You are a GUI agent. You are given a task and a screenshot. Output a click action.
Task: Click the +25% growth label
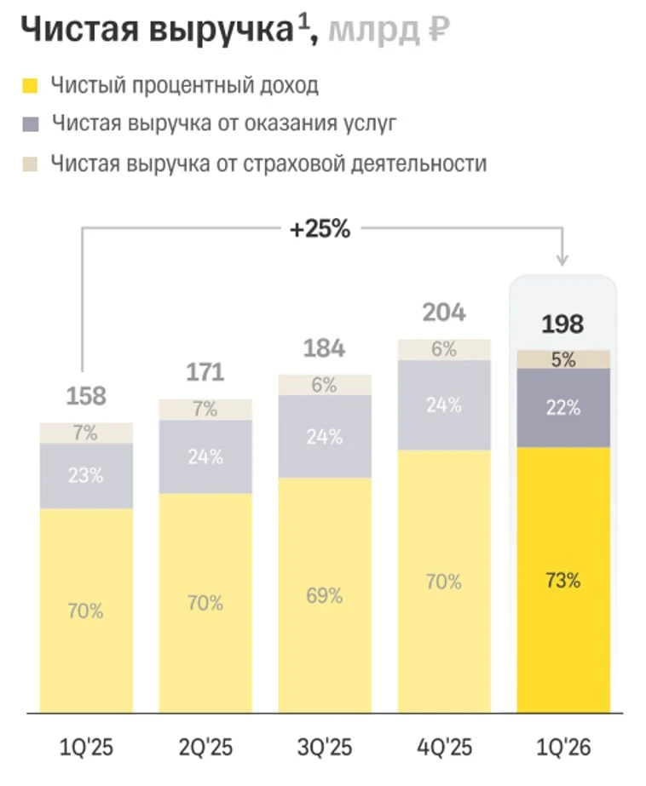tap(320, 229)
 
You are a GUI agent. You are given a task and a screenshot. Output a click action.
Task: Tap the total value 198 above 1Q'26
tap(562, 324)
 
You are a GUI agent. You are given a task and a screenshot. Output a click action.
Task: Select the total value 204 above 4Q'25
tap(444, 313)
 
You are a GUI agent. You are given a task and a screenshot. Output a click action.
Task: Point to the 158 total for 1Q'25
tap(86, 396)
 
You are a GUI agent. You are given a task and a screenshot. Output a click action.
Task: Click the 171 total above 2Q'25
tap(205, 372)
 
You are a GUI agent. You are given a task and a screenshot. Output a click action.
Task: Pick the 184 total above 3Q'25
tap(324, 348)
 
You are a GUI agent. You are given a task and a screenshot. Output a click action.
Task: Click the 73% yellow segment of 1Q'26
tap(563, 580)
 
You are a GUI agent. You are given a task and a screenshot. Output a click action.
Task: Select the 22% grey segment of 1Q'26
tap(563, 408)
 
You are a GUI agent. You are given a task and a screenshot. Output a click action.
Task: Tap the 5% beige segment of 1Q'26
tap(563, 359)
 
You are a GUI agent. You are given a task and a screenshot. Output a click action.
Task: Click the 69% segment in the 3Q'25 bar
tap(325, 595)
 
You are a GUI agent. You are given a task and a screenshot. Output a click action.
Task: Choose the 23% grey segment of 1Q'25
tap(86, 475)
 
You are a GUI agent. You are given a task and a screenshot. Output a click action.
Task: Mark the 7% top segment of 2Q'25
tap(205, 410)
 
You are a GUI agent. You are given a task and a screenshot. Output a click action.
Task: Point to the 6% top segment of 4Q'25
tap(444, 349)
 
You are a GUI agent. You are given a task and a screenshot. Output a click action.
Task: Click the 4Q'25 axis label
tap(444, 748)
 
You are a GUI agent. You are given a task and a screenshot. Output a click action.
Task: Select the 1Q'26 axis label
tap(563, 748)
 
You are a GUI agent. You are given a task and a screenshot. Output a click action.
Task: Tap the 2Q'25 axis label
tap(205, 748)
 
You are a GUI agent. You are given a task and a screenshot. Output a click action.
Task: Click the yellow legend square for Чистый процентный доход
tap(30, 85)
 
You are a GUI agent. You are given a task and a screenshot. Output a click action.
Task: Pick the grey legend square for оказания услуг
tap(30, 123)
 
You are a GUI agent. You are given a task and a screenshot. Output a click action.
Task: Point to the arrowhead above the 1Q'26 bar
tap(562, 261)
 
